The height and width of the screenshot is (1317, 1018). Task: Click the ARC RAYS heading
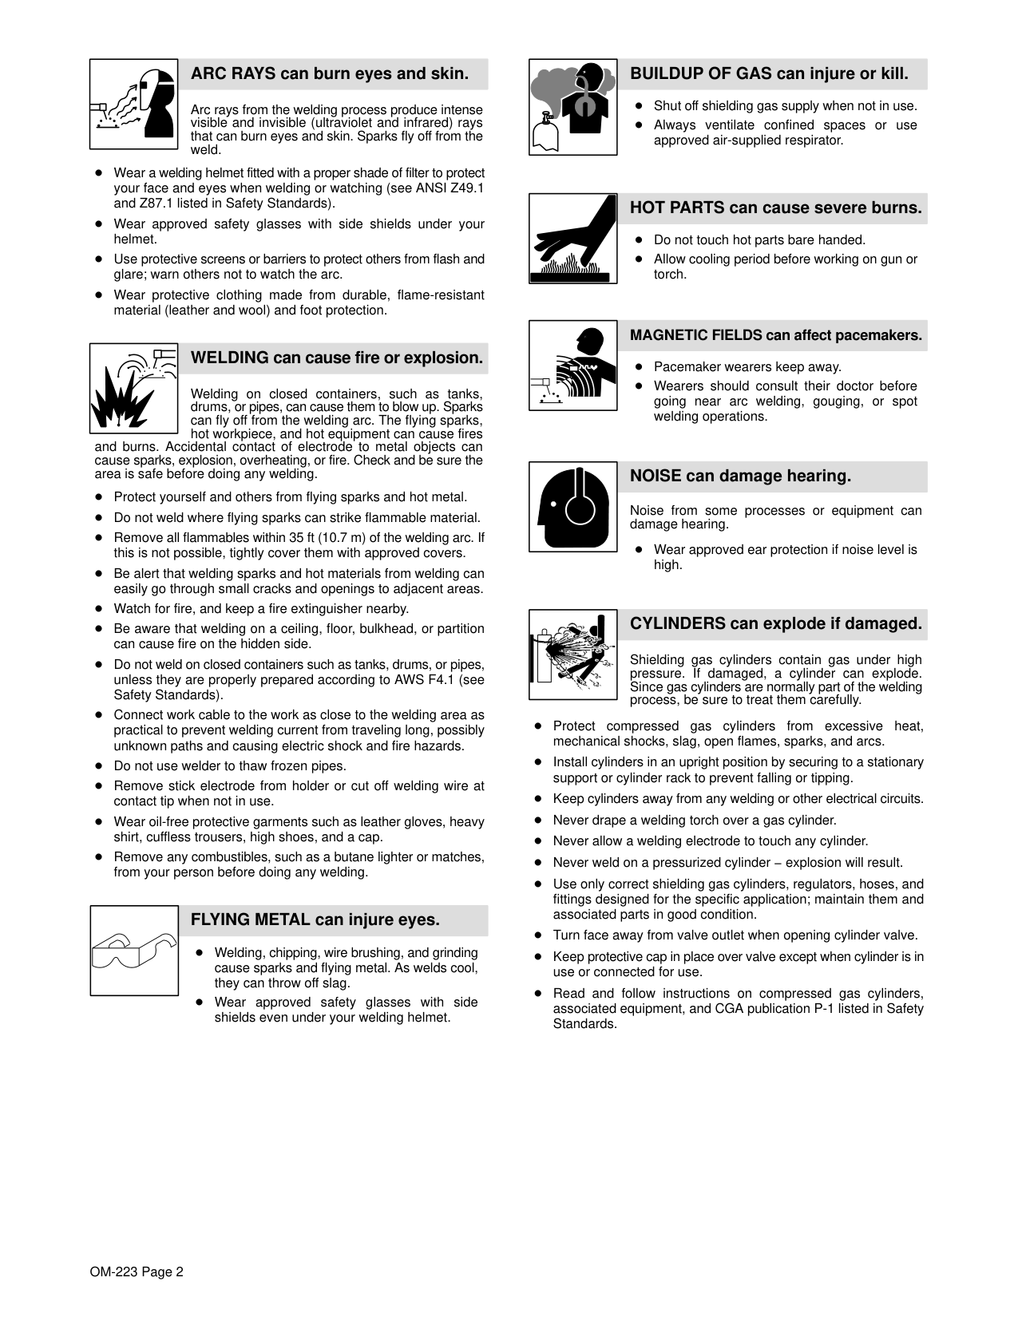coord(329,74)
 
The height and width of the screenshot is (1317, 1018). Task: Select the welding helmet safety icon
coord(133,104)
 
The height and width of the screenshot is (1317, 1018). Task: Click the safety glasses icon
coord(133,950)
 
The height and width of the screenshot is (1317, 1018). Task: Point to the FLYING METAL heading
coord(315,920)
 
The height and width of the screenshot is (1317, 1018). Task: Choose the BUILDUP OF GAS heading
coord(769,74)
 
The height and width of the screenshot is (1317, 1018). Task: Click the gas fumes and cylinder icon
coord(572,107)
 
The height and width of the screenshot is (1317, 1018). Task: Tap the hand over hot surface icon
coord(572,238)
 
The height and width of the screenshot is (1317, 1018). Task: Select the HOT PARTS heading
coord(775,208)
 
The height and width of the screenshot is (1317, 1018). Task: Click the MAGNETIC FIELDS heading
coord(775,335)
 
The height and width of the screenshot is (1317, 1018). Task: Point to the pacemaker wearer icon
coord(572,366)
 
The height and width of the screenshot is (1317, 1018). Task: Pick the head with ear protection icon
coord(572,507)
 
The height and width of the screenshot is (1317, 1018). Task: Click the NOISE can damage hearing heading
coord(740,477)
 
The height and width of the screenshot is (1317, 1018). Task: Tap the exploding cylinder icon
coord(572,655)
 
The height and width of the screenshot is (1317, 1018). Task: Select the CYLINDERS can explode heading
coord(775,623)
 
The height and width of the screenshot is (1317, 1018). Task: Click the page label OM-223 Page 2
coord(137,1272)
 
